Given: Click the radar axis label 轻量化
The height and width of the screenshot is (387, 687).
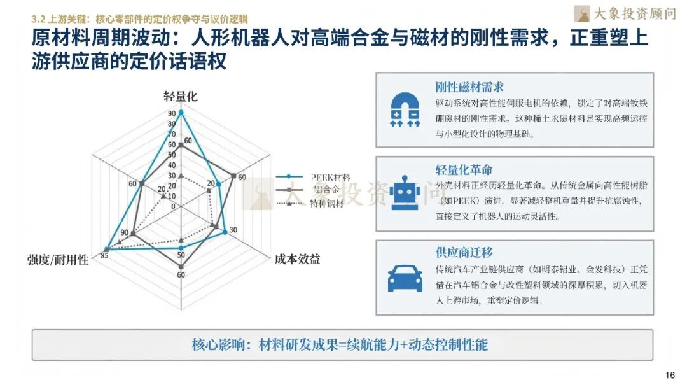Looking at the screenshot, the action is click(181, 97).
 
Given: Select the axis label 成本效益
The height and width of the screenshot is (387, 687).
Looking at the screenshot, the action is click(297, 259).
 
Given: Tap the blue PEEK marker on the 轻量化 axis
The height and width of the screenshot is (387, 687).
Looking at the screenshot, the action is click(181, 113).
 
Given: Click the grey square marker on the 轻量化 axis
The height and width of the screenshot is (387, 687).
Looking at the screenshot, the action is click(181, 146).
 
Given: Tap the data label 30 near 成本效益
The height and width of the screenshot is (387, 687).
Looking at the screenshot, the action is click(233, 230).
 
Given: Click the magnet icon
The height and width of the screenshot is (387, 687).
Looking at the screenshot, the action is click(405, 109).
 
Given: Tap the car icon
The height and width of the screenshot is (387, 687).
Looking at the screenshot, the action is click(405, 277).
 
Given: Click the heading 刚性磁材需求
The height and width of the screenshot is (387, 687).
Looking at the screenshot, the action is click(469, 87).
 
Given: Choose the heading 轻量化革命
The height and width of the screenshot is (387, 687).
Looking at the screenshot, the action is click(464, 170).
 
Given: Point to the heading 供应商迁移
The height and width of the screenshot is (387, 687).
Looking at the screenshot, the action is click(464, 253).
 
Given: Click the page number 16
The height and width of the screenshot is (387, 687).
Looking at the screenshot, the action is click(670, 374).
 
